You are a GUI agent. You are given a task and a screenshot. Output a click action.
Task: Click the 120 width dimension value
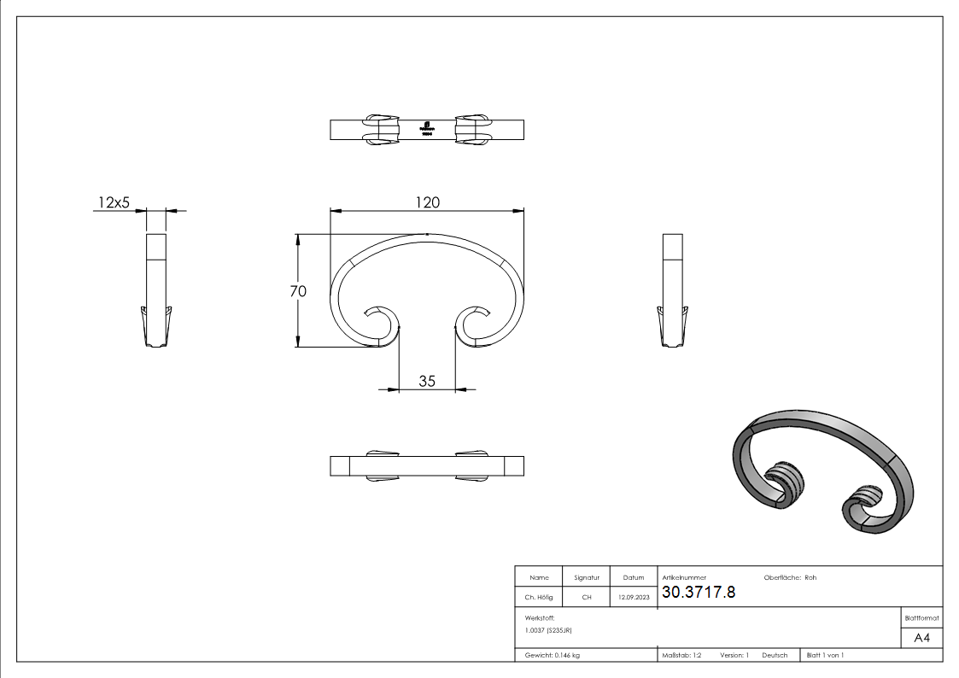point(427,202)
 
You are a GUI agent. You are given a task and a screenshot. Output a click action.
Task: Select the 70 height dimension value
point(298,290)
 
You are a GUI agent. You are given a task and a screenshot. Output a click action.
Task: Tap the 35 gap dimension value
point(427,381)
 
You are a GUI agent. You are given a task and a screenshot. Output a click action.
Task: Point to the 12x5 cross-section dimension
point(113,202)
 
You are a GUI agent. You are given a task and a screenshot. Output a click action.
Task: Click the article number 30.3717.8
point(698,593)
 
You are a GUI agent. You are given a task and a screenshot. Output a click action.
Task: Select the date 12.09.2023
point(633,598)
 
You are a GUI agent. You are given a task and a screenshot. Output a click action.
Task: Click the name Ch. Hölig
point(539,598)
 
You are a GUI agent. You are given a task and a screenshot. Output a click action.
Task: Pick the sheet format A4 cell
point(922,638)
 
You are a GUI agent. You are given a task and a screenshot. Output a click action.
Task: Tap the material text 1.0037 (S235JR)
point(548,630)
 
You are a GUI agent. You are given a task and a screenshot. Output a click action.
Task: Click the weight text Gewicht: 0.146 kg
point(552,655)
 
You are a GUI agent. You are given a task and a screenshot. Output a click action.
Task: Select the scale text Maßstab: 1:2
point(681,655)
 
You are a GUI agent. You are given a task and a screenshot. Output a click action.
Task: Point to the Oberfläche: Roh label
point(790,578)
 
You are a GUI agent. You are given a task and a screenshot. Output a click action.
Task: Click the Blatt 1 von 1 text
point(825,655)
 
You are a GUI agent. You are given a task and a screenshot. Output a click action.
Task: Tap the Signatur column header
point(586,578)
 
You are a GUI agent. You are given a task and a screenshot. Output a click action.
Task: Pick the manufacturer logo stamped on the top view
point(427,128)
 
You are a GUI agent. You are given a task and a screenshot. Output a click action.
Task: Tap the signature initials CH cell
point(586,598)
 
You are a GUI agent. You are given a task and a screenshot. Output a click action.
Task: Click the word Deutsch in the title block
point(775,655)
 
